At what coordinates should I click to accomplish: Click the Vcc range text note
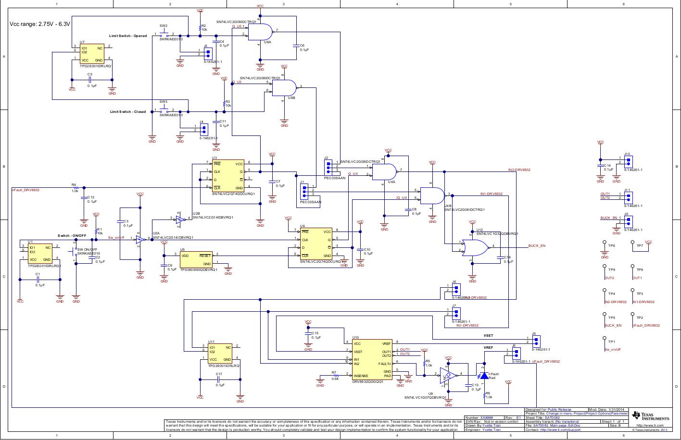pos(40,24)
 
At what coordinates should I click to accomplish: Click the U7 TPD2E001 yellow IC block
pos(91,54)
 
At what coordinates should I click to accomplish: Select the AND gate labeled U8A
pos(260,32)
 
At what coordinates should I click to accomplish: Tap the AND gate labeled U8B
pos(284,87)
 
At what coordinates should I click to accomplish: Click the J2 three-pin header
pos(329,167)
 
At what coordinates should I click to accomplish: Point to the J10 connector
pos(629,160)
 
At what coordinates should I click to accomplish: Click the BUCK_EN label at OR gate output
pos(537,246)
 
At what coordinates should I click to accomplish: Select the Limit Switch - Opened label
pos(128,36)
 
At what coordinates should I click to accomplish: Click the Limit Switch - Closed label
pos(127,111)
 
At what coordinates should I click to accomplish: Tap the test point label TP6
pos(612,245)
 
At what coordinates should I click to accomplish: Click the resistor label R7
pos(334,372)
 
